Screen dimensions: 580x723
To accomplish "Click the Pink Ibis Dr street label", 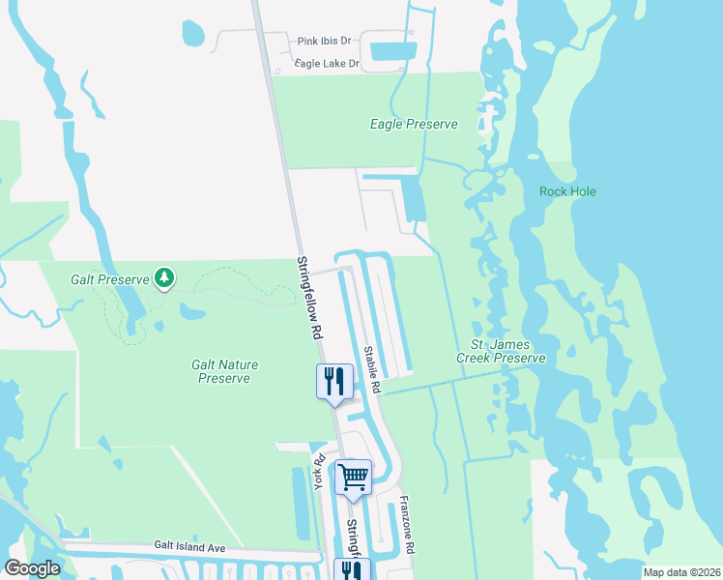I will [x=324, y=41].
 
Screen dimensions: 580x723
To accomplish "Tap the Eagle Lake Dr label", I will [x=328, y=64].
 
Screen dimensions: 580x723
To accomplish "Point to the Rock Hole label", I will [x=567, y=191].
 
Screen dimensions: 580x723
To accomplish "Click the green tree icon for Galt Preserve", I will [x=164, y=278].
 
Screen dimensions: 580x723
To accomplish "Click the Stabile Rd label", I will [x=372, y=369].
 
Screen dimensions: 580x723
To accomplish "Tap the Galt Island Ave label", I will [x=189, y=547].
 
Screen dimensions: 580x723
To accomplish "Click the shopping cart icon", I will [x=354, y=476].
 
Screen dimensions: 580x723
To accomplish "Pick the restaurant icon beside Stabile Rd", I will [x=334, y=380].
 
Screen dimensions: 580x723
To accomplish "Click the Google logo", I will [x=32, y=568].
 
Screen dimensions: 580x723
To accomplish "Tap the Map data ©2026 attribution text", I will [x=680, y=572].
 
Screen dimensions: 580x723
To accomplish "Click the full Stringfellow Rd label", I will [x=308, y=297].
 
